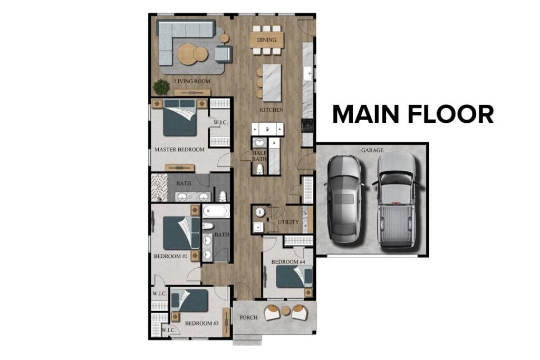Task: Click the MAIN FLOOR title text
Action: click(x=413, y=114)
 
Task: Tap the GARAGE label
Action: click(x=372, y=150)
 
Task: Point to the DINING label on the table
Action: click(x=267, y=40)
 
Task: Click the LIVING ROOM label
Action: click(x=192, y=82)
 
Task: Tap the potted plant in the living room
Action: click(x=161, y=87)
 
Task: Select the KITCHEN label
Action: click(x=272, y=110)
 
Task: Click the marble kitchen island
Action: click(x=272, y=83)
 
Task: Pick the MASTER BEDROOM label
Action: click(x=179, y=150)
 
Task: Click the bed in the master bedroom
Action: click(x=180, y=121)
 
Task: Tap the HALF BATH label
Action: click(x=259, y=155)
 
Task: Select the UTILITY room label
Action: click(x=288, y=222)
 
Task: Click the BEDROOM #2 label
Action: click(x=171, y=257)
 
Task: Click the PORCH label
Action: click(x=248, y=318)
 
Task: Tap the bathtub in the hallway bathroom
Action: click(x=216, y=212)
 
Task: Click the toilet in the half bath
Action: click(x=259, y=169)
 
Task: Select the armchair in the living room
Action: click(x=223, y=53)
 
